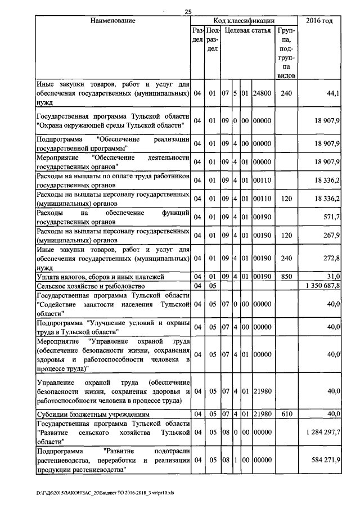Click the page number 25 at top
coord(188,11)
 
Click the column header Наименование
coord(112,21)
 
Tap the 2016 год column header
coord(319,21)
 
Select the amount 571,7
coord(332,217)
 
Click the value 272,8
coord(332,258)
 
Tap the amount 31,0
coord(333,276)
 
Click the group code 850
coord(286,276)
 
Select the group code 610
coord(286,414)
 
